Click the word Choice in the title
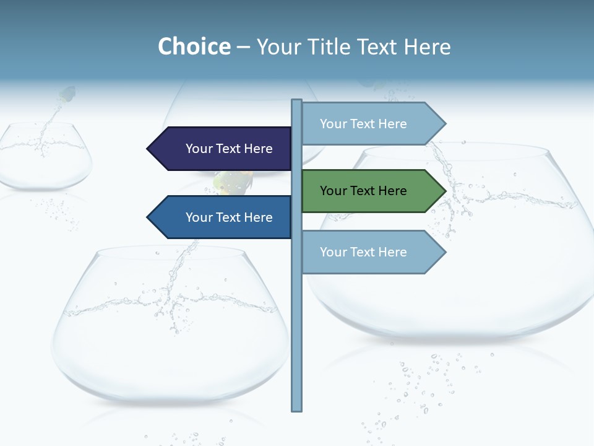click(x=194, y=47)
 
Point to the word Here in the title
click(x=427, y=47)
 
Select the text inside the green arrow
click(x=363, y=191)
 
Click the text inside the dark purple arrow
click(x=229, y=149)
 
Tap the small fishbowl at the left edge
click(x=43, y=158)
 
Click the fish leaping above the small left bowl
click(x=67, y=95)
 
